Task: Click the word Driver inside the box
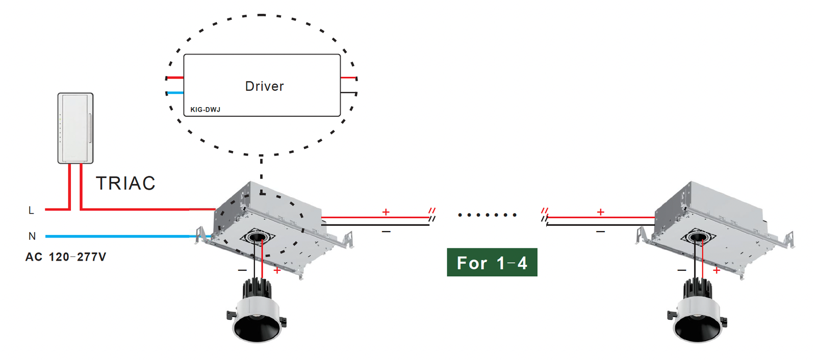pyautogui.click(x=264, y=86)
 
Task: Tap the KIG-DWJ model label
pyautogui.click(x=205, y=110)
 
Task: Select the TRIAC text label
pyautogui.click(x=125, y=183)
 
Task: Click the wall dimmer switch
pyautogui.click(x=75, y=128)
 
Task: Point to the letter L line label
pyautogui.click(x=31, y=211)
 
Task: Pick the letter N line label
pyautogui.click(x=32, y=236)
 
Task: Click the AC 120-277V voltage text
pyautogui.click(x=66, y=257)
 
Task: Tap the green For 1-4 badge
pyautogui.click(x=492, y=263)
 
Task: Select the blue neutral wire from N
pyautogui.click(x=122, y=236)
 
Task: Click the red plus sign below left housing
pyautogui.click(x=277, y=270)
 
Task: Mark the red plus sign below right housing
pyautogui.click(x=717, y=270)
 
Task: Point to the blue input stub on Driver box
pyautogui.click(x=175, y=93)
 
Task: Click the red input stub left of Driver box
pyautogui.click(x=175, y=78)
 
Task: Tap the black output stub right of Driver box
pyautogui.click(x=348, y=93)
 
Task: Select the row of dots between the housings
pyautogui.click(x=487, y=215)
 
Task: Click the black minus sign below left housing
pyautogui.click(x=242, y=270)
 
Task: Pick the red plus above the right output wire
pyautogui.click(x=601, y=212)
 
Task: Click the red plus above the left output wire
pyautogui.click(x=386, y=212)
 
